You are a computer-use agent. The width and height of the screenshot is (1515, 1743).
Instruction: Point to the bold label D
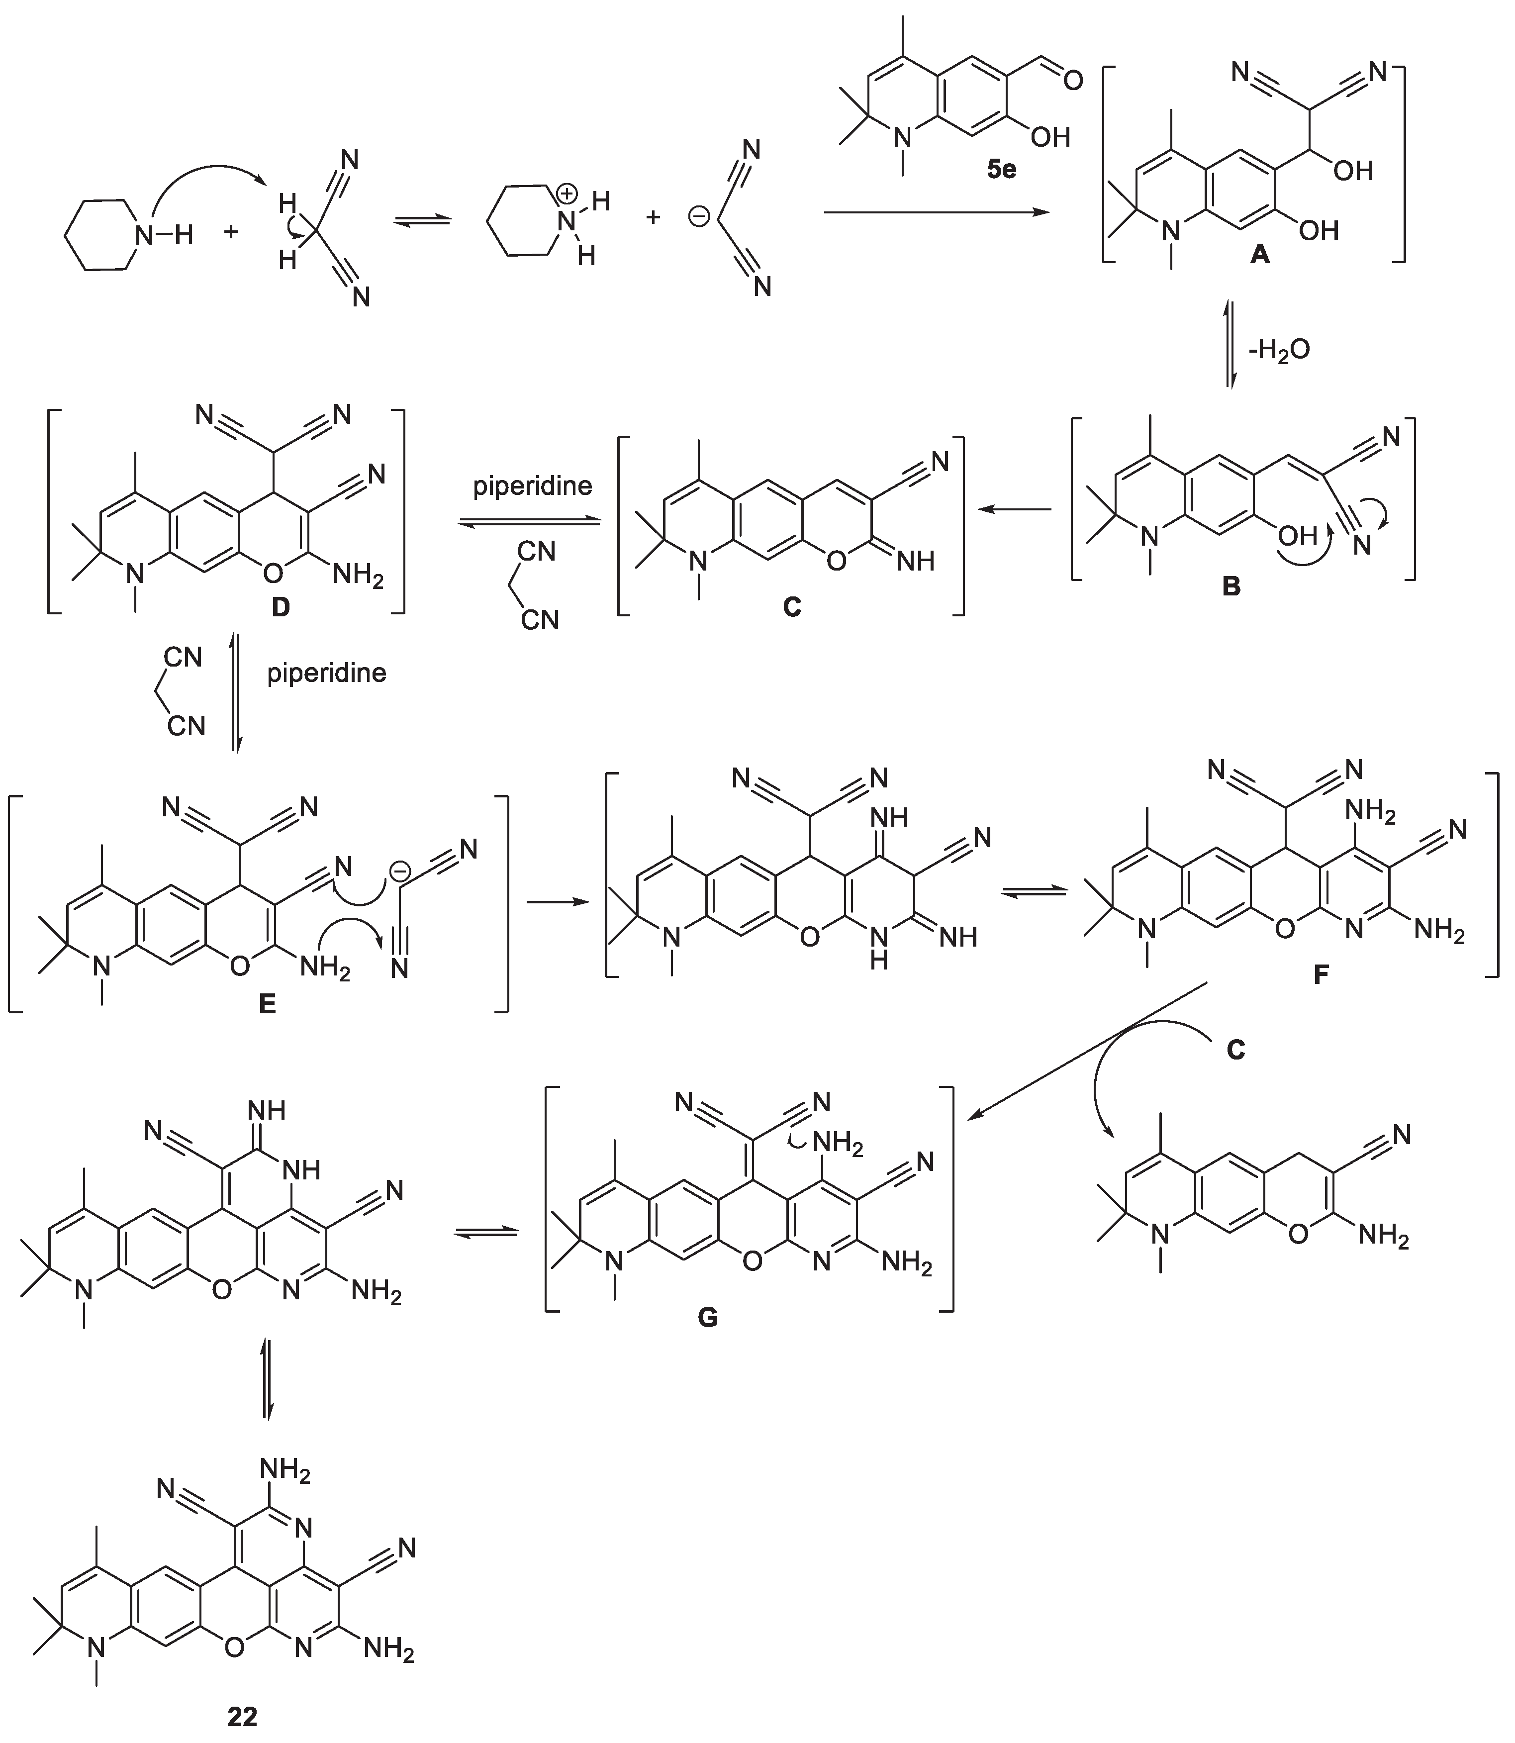click(x=281, y=605)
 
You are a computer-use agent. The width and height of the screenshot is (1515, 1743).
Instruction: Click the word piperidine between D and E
click(x=326, y=673)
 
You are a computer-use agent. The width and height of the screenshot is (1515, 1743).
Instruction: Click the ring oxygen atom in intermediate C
click(x=836, y=561)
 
